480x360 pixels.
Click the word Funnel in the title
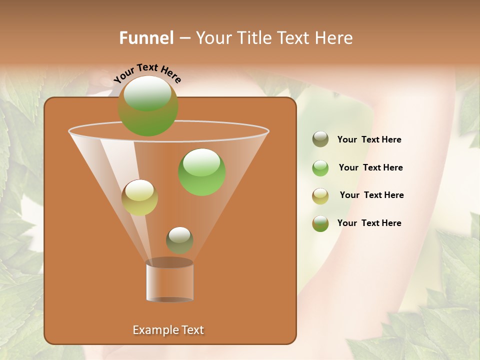[146, 38]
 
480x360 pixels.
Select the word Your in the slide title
[214, 38]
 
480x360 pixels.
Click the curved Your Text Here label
[147, 73]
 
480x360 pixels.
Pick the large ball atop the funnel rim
[147, 105]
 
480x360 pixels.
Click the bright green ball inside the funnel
[201, 172]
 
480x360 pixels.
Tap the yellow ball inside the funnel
[139, 197]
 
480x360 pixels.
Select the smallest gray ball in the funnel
[179, 240]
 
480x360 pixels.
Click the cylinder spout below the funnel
[170, 281]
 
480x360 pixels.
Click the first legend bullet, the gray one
[320, 139]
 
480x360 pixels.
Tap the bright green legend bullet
[320, 168]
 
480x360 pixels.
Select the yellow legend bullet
[320, 196]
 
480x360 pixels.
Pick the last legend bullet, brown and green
[320, 223]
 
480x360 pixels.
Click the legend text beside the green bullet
[370, 167]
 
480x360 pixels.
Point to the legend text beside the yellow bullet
[371, 195]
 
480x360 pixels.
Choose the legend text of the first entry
[369, 139]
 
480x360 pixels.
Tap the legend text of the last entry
[369, 223]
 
